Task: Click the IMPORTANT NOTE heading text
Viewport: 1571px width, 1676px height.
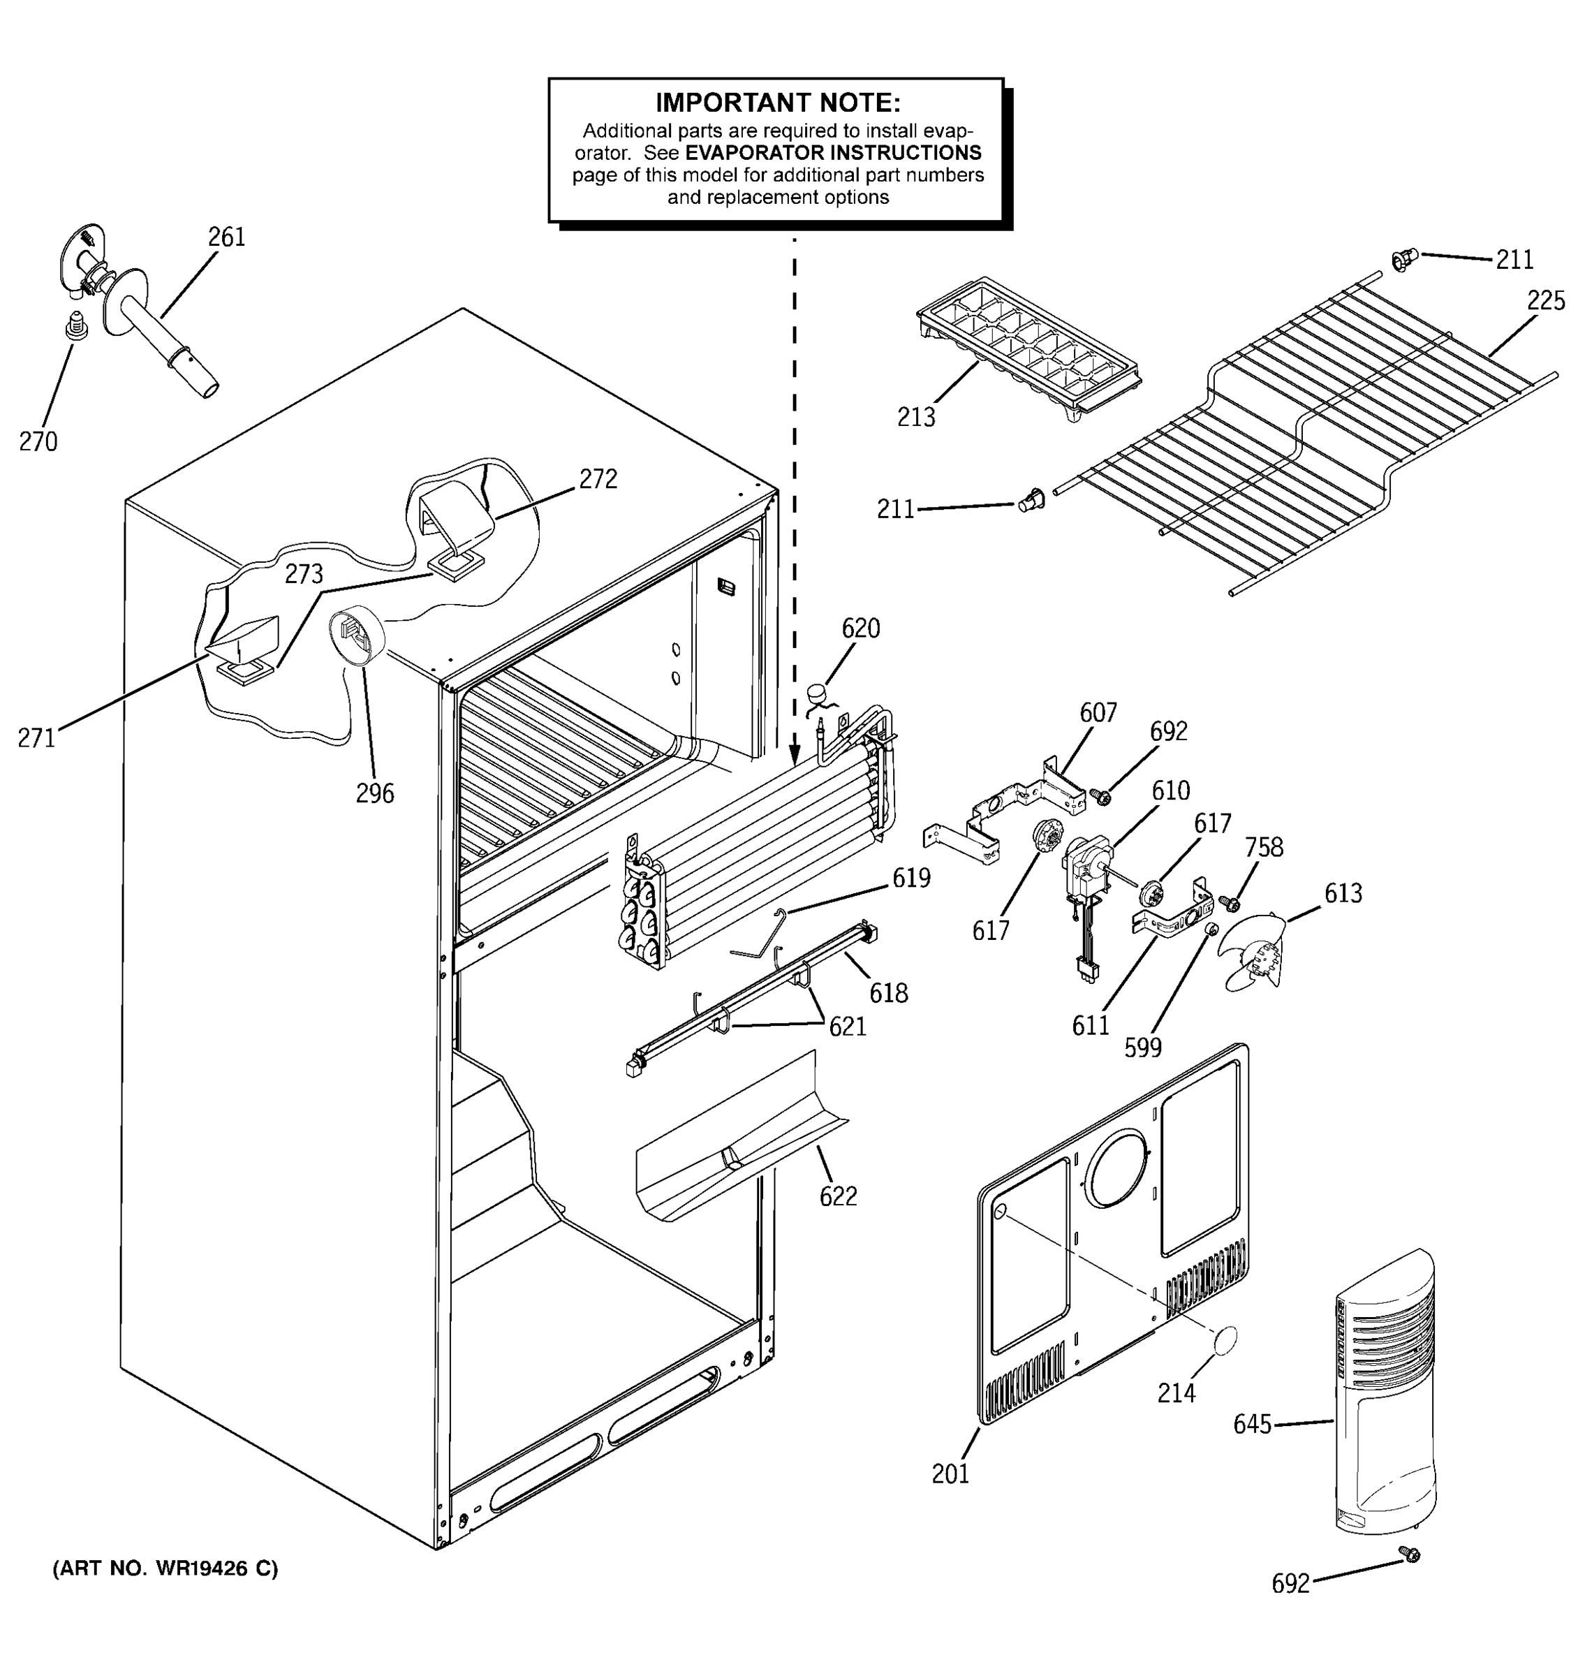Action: [777, 103]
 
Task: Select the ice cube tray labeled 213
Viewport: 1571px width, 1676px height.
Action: [1026, 346]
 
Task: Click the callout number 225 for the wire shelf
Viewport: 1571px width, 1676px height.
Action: [1545, 301]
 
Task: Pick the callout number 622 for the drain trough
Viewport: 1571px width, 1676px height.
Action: [838, 1196]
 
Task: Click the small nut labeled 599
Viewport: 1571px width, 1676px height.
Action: [1208, 928]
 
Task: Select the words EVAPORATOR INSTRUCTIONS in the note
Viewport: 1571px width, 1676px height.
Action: [833, 153]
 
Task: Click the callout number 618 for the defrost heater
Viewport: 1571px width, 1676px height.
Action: [888, 993]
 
